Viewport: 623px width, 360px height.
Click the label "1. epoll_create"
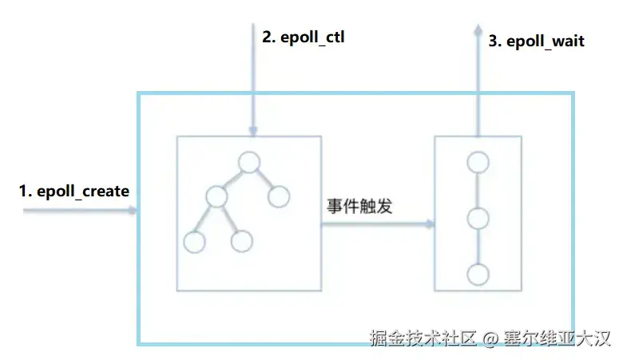74,192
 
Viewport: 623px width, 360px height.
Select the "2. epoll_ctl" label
304,37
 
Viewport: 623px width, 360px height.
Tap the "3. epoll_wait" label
536,41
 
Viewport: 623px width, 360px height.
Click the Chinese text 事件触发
360,205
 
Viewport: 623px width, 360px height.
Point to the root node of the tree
249,163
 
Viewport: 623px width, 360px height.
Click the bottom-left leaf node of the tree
194,242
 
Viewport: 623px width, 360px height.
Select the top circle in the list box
478,162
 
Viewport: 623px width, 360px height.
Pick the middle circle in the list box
478,218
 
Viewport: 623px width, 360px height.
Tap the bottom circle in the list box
478,275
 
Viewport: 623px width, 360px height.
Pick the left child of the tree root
216,196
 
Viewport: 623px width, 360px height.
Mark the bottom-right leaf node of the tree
242,242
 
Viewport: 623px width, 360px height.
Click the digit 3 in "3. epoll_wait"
492,41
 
